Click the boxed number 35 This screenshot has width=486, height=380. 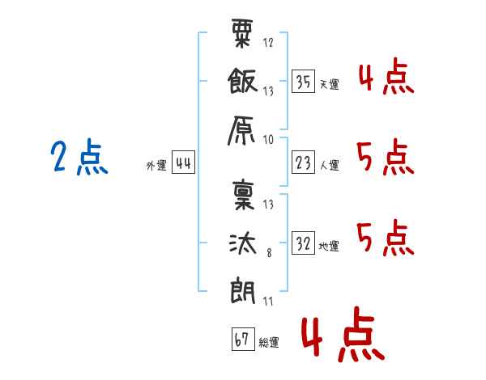pos(304,82)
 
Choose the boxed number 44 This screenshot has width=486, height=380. pos(183,164)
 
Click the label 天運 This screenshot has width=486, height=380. pos(329,84)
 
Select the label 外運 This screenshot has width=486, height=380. pos(156,166)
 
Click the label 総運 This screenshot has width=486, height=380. pos(269,343)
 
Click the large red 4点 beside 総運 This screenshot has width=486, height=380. pos(343,338)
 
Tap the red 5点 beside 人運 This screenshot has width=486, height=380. pos(385,157)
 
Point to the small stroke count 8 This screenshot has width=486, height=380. pos(270,253)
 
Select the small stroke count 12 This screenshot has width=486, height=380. pos(268,43)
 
